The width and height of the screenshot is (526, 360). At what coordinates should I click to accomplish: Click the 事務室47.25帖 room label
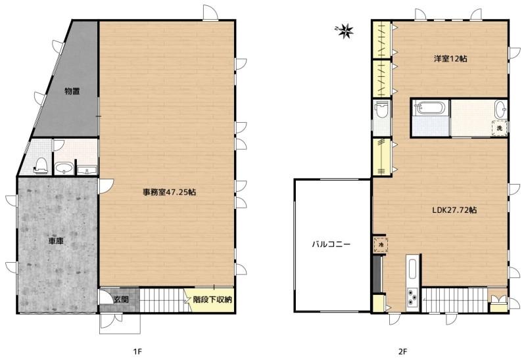click(x=170, y=192)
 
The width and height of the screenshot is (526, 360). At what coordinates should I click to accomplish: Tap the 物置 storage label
click(x=72, y=91)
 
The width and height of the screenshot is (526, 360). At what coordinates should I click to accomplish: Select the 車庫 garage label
click(x=56, y=240)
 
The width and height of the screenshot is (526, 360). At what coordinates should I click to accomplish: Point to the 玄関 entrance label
click(x=121, y=300)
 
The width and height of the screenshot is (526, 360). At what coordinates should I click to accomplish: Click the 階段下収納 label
click(x=212, y=300)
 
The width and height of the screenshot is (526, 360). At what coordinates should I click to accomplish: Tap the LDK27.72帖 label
click(x=454, y=210)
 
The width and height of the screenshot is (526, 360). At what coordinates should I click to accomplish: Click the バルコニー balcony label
click(x=331, y=244)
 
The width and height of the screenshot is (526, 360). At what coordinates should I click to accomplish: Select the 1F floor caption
click(x=137, y=351)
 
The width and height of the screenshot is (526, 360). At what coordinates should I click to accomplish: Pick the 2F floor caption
click(x=402, y=351)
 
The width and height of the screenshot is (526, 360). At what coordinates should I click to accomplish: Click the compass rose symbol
click(x=345, y=31)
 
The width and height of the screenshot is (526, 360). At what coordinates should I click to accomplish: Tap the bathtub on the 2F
click(x=431, y=108)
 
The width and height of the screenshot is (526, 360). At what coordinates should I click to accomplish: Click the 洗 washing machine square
click(x=500, y=128)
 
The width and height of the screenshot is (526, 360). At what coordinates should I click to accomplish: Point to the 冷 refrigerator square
click(x=381, y=244)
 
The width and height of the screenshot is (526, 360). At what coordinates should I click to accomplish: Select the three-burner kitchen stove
click(x=413, y=297)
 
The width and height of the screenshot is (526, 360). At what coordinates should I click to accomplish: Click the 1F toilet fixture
click(x=41, y=166)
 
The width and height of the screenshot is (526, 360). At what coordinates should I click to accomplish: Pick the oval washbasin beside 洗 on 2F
click(x=501, y=109)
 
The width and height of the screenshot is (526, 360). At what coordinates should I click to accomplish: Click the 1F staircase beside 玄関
click(x=161, y=300)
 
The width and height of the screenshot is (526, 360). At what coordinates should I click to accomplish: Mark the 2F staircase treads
click(x=454, y=300)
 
